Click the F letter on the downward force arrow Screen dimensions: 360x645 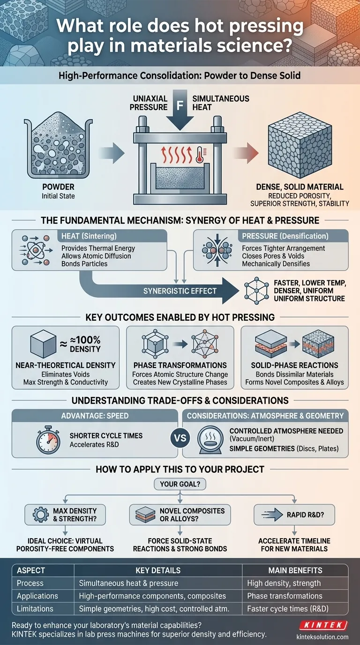(180, 105)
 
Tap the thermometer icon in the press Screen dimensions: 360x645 (199, 155)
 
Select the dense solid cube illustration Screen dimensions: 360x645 (300, 145)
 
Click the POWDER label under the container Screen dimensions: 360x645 (58, 187)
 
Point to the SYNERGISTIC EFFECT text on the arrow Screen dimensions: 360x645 (180, 291)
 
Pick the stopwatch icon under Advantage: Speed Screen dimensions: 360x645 (48, 440)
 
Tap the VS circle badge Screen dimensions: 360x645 (180, 438)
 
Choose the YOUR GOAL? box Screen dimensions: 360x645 (180, 484)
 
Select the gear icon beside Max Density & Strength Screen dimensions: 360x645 (41, 515)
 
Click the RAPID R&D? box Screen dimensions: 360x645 (294, 515)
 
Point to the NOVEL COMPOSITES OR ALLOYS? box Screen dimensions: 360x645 (180, 515)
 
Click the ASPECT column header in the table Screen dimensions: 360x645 (31, 570)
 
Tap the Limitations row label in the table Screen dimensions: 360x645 (35, 608)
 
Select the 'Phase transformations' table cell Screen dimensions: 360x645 (285, 596)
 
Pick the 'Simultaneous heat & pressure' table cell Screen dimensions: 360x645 (128, 583)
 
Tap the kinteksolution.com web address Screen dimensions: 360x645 (322, 637)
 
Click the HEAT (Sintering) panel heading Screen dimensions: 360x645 (89, 236)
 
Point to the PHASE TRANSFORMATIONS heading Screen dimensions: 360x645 (180, 366)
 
